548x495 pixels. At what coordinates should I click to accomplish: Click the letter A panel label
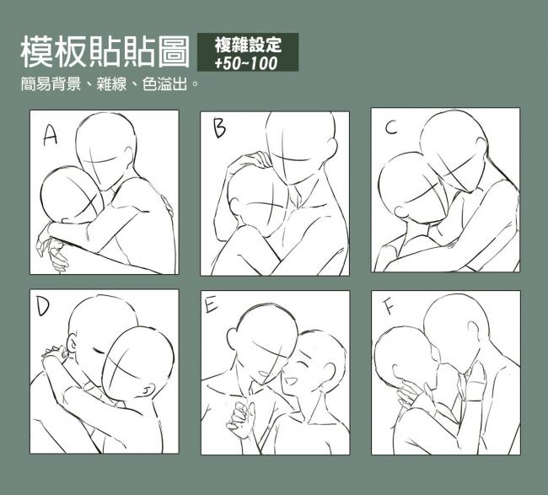tap(50, 136)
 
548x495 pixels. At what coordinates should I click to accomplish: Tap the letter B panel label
tap(219, 128)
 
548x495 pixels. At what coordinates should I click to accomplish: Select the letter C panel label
tap(391, 127)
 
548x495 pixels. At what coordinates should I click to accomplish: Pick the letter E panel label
tap(211, 304)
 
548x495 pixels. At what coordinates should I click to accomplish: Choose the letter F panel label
tap(389, 307)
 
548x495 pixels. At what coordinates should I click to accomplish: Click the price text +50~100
tap(245, 63)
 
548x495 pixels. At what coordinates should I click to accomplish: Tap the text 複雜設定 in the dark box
tap(248, 45)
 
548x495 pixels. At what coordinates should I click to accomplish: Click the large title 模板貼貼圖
tap(105, 51)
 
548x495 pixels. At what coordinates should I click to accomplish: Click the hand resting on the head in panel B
tap(250, 160)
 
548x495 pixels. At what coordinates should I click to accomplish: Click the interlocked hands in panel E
tap(242, 416)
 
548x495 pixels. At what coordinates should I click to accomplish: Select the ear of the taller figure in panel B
tap(333, 148)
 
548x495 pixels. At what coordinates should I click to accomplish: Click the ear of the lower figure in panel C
tap(400, 212)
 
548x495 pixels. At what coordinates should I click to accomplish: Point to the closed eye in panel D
tap(99, 350)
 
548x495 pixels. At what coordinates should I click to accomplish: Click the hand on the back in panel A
tap(167, 207)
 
